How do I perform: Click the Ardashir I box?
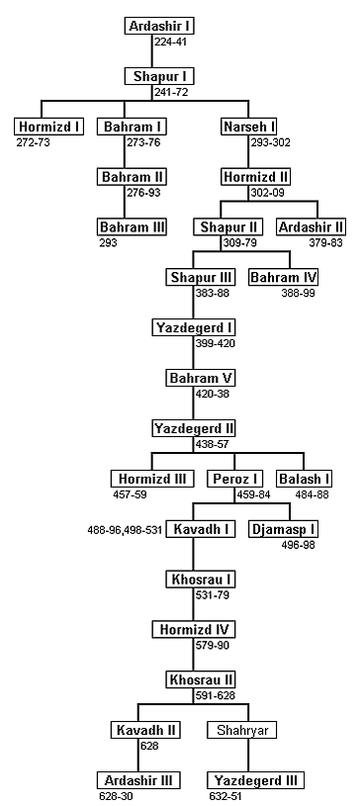pos(152,26)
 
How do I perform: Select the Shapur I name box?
pos(152,76)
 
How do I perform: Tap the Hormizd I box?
pos(48,127)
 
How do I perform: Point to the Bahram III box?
pos(133,227)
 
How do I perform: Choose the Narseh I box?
pos(248,127)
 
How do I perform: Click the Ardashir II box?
pos(312,227)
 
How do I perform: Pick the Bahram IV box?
pos(284,278)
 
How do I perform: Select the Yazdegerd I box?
pos(194,327)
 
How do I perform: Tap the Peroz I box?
pos(235,479)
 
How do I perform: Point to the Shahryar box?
pos(242,731)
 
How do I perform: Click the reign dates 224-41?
pos(170,42)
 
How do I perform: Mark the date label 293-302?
pos(271,142)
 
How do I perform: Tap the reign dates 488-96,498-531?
pos(125,529)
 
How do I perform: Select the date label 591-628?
pos(215,696)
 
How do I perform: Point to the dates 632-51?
pos(225,797)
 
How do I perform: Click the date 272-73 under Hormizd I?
pos(34,142)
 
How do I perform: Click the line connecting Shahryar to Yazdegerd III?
pos(248,756)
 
